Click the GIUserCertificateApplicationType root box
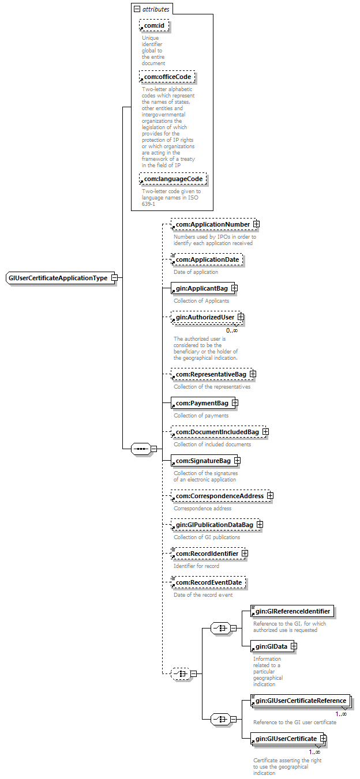click(x=57, y=278)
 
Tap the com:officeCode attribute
click(x=167, y=77)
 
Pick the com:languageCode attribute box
click(x=172, y=179)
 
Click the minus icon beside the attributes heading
click(x=137, y=9)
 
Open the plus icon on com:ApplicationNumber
click(x=256, y=224)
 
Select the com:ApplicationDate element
click(x=207, y=260)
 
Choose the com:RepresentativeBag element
click(x=211, y=375)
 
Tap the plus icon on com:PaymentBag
click(x=235, y=403)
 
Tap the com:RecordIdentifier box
click(x=207, y=554)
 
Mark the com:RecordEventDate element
click(x=208, y=583)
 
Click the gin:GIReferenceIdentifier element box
click(x=293, y=611)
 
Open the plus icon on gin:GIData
click(x=294, y=646)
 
